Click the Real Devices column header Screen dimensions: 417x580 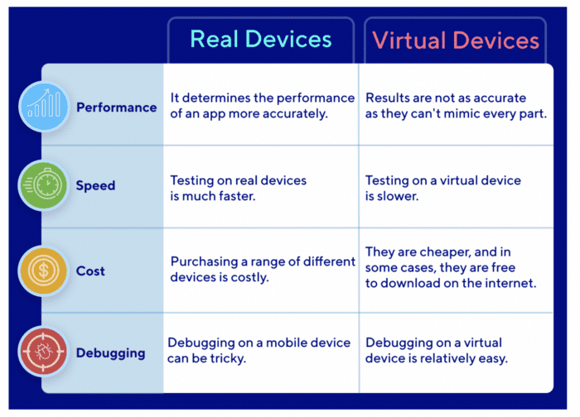click(x=260, y=39)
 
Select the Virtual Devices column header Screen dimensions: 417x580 click(x=456, y=40)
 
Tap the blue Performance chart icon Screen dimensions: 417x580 click(x=44, y=107)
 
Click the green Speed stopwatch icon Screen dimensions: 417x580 click(x=44, y=186)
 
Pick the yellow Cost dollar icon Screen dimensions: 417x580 click(x=44, y=271)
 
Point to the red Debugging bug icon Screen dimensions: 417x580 click(x=44, y=353)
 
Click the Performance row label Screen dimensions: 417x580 click(x=116, y=108)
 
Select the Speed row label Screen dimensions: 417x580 click(x=95, y=186)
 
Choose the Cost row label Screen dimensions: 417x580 click(x=90, y=271)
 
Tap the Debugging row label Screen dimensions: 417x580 click(x=110, y=353)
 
